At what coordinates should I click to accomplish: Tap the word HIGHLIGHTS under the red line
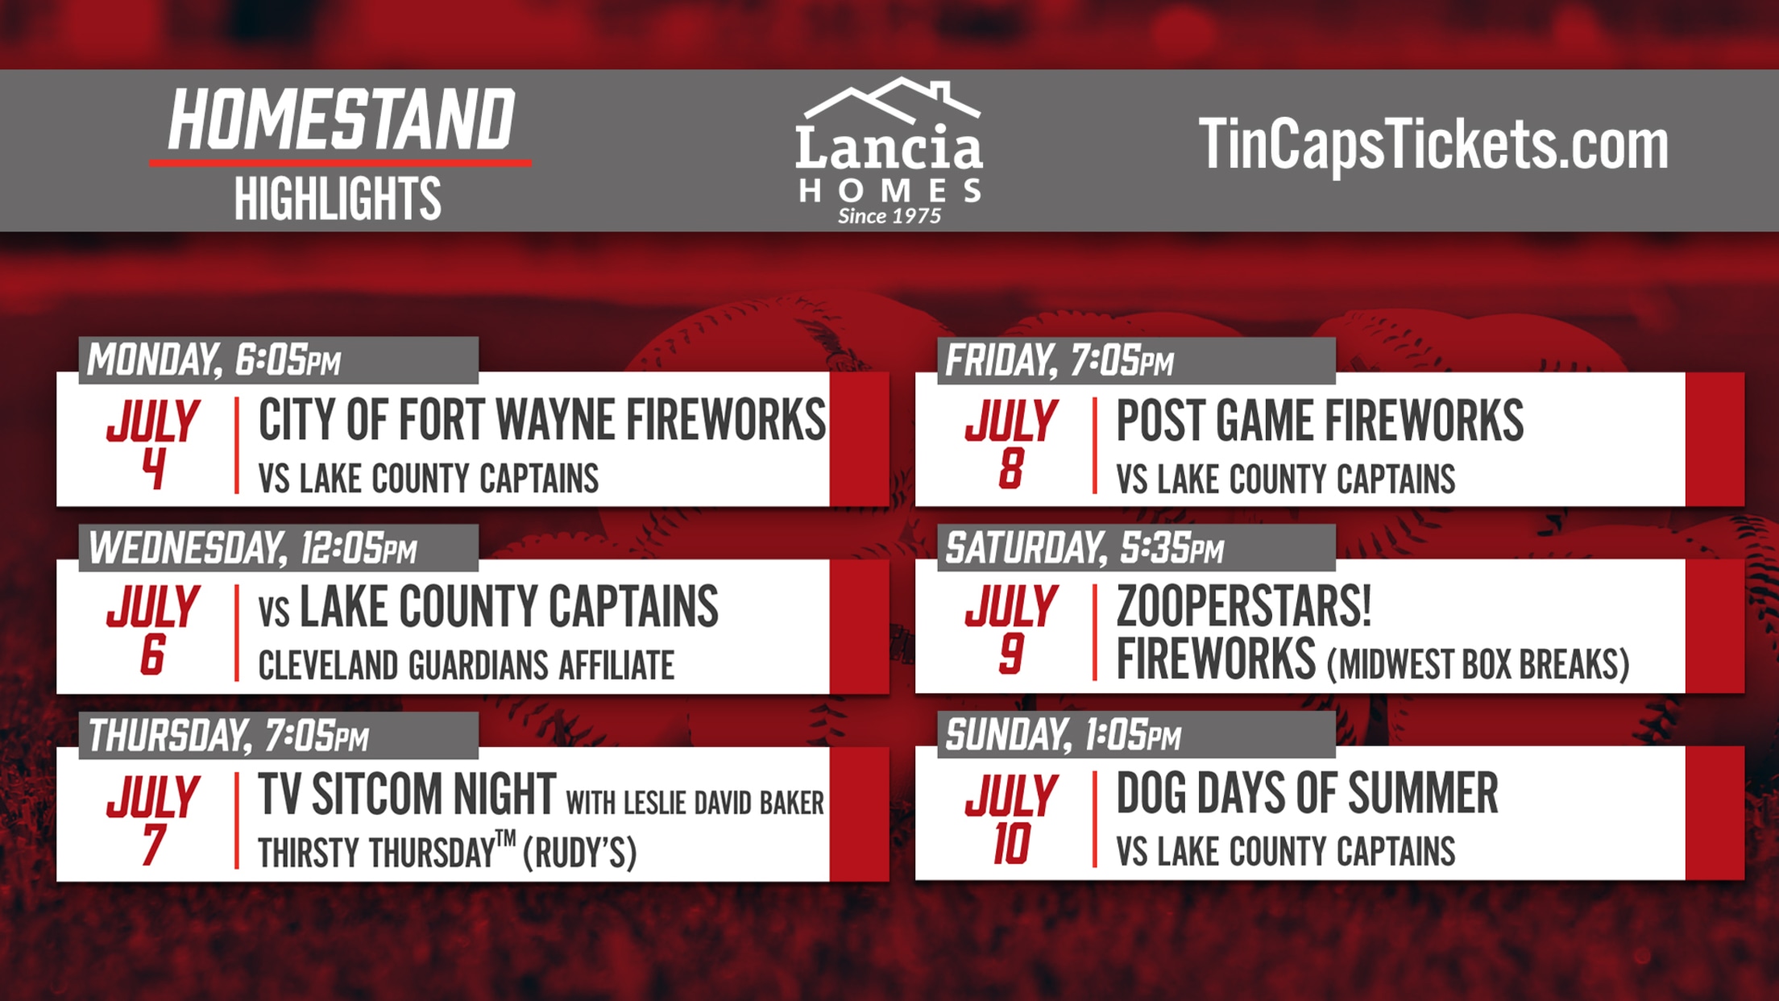(x=338, y=198)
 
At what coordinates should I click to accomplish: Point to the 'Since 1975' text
(x=889, y=216)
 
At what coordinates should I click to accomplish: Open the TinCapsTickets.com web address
(x=1433, y=144)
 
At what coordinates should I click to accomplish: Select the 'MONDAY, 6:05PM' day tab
(x=279, y=359)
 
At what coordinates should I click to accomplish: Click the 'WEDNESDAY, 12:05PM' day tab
(x=279, y=548)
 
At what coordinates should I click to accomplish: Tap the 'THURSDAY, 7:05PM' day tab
(x=279, y=735)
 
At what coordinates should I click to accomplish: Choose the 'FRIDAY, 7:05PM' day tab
(x=1137, y=360)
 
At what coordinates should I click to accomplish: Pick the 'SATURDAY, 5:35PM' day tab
(x=1137, y=548)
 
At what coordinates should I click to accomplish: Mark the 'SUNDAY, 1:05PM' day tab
(x=1137, y=735)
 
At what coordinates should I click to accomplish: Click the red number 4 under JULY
(x=153, y=468)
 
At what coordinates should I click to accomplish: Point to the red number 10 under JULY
(x=1012, y=844)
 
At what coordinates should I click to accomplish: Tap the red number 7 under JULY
(x=154, y=845)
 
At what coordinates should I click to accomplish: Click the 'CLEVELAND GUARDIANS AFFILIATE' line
(x=467, y=666)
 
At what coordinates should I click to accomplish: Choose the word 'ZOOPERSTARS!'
(x=1244, y=606)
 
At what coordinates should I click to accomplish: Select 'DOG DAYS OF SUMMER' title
(x=1307, y=793)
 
